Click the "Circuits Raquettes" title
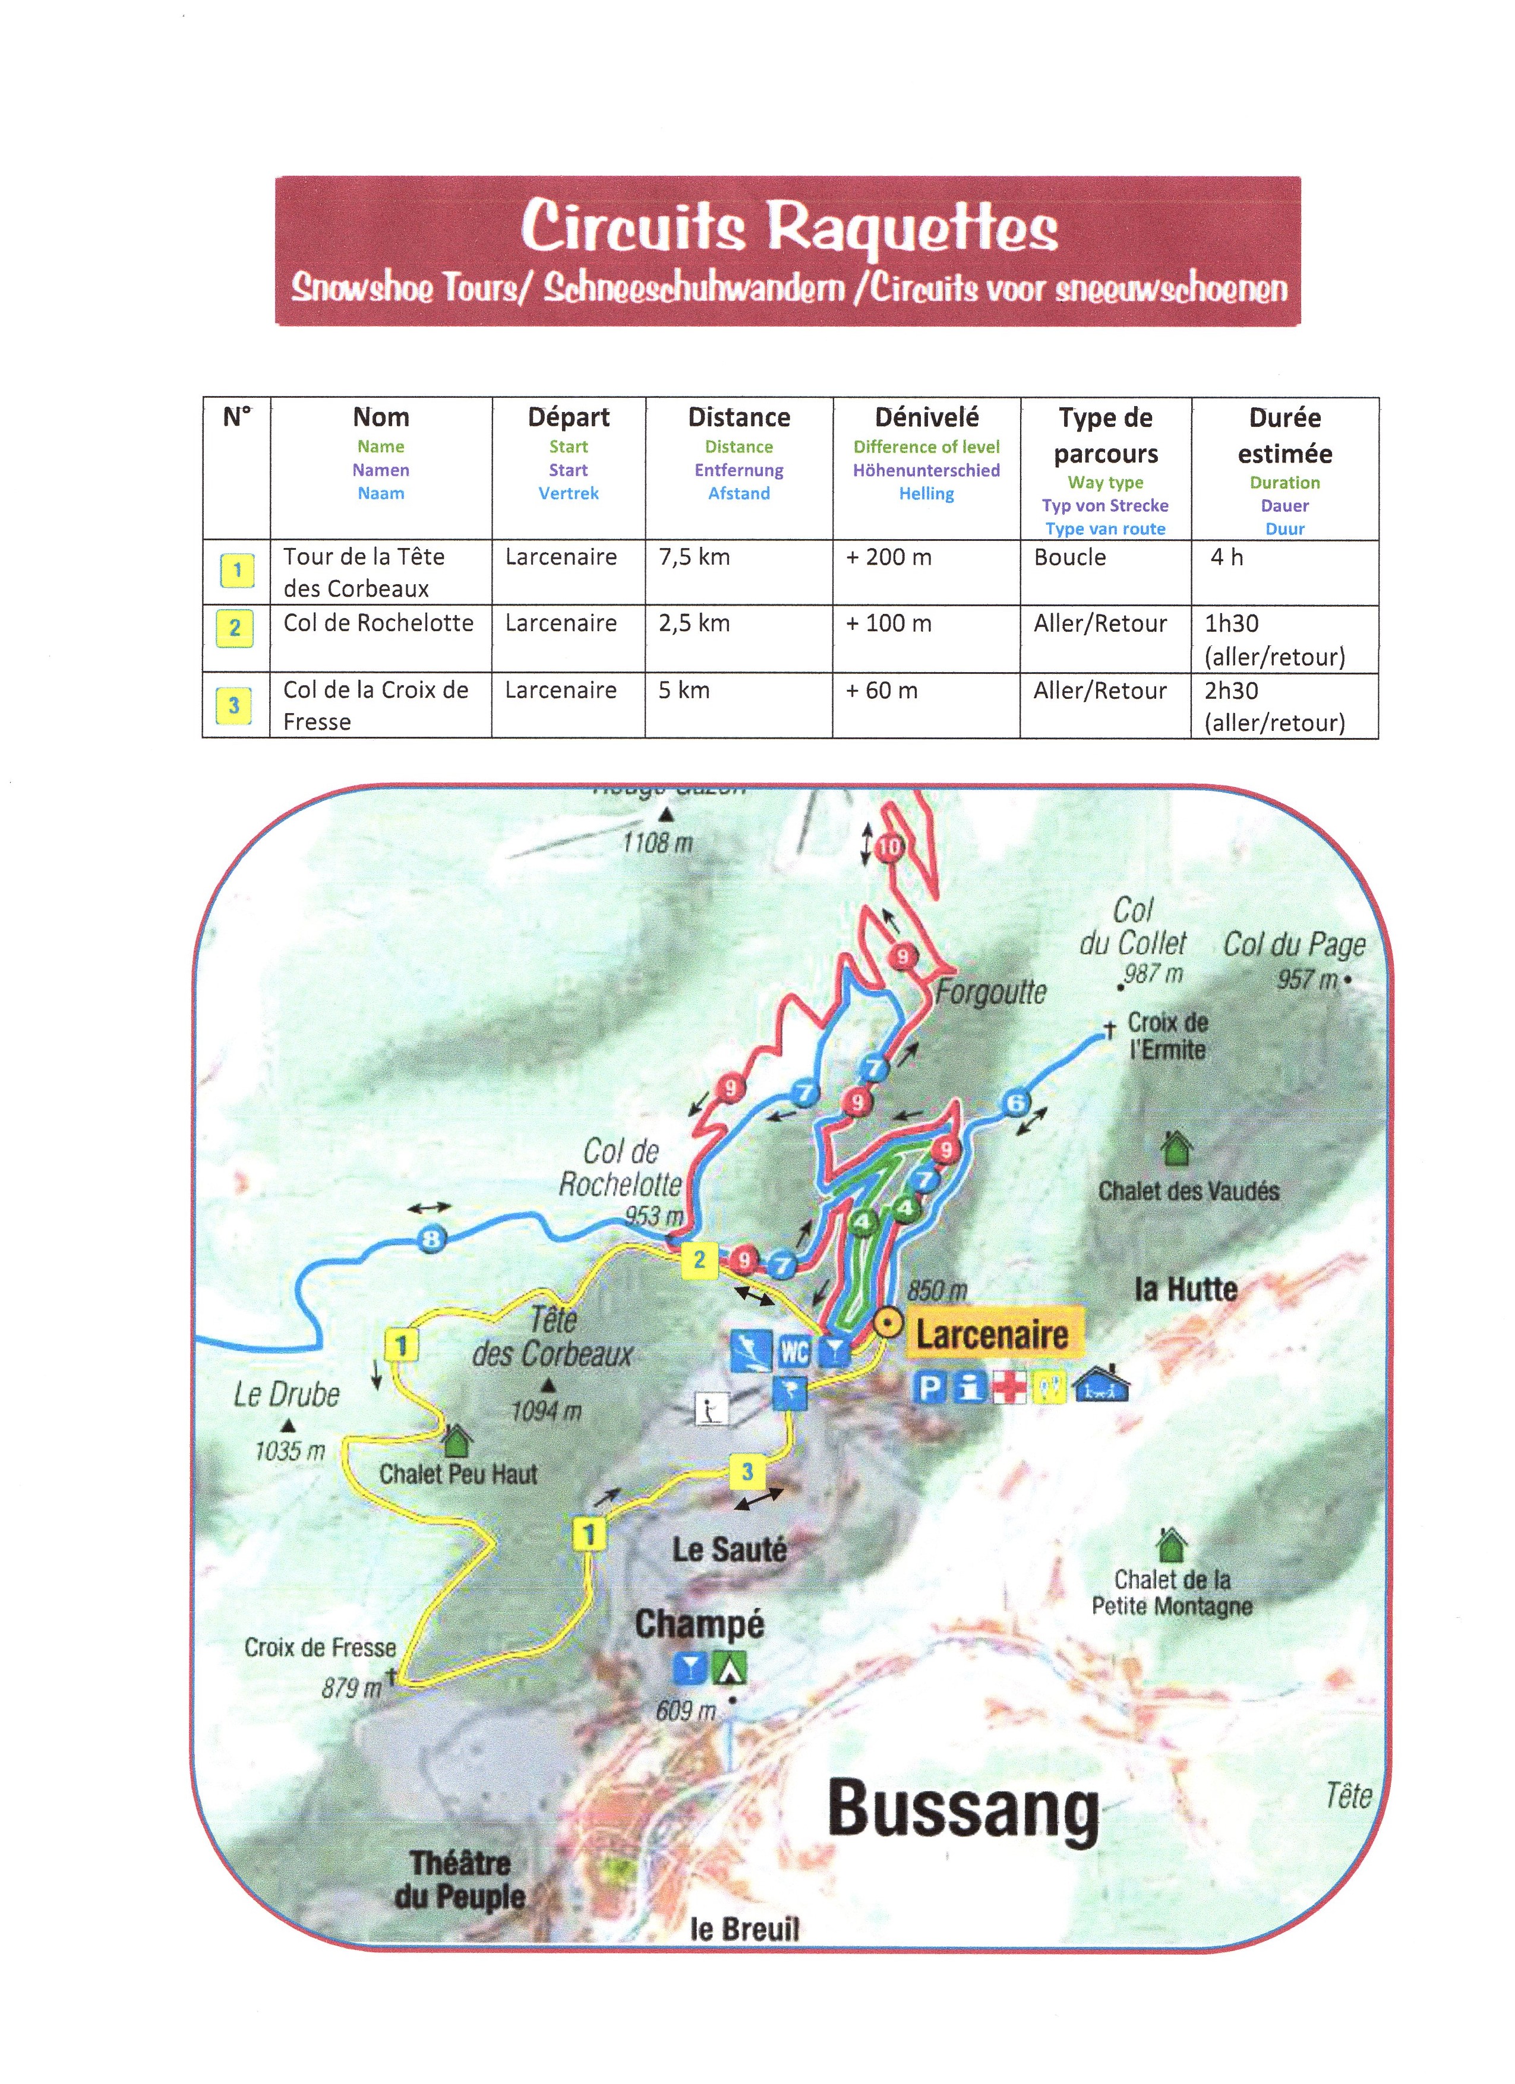tap(789, 226)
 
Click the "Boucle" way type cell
tap(1069, 557)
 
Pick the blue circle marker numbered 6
tap(1016, 1103)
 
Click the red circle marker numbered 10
tap(889, 847)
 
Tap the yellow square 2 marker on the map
tap(699, 1260)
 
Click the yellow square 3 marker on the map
tap(746, 1472)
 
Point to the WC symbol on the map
tap(794, 1352)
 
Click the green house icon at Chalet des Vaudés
tap(1176, 1148)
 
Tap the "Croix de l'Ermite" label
tap(1167, 1035)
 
